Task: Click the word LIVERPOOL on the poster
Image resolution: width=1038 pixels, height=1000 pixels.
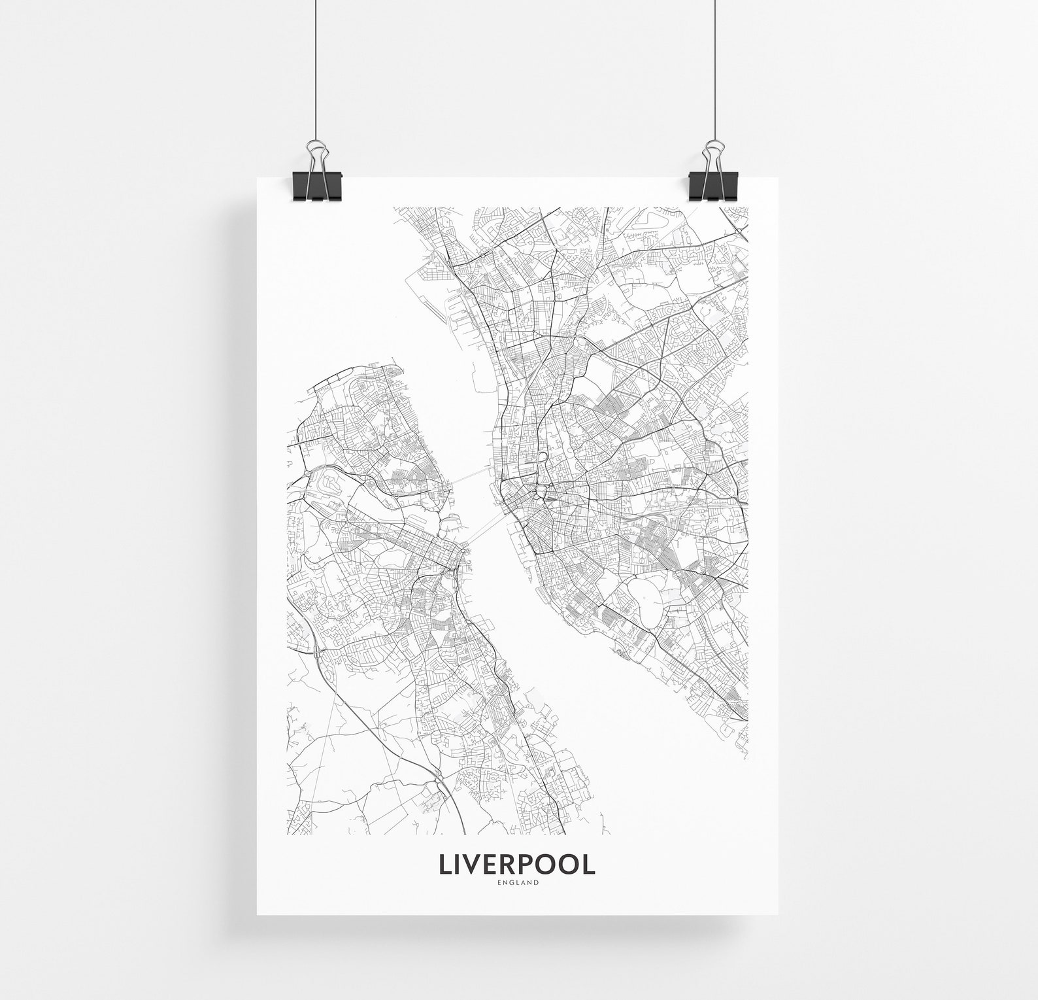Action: (517, 864)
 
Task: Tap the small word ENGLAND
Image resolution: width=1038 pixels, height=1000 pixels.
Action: (518, 883)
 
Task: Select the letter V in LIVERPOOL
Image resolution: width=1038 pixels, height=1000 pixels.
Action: (473, 864)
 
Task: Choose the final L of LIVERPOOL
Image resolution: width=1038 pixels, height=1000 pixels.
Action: (589, 864)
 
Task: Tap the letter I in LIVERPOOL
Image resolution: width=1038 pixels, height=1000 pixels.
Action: (458, 864)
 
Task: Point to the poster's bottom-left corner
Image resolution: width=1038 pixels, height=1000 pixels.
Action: (257, 914)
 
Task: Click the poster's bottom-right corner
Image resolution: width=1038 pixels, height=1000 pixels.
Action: (780, 914)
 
